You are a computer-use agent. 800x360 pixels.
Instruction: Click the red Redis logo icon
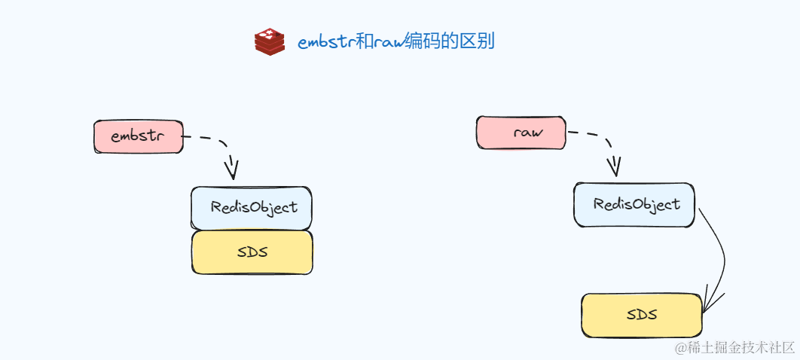(270, 41)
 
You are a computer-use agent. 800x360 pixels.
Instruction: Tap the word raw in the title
(388, 42)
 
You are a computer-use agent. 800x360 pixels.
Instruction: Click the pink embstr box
(138, 137)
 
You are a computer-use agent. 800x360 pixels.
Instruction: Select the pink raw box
(521, 133)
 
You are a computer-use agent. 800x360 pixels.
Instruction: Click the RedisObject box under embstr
(252, 208)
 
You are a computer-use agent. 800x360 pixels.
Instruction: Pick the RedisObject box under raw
(634, 204)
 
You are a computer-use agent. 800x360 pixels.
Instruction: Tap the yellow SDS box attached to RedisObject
(252, 252)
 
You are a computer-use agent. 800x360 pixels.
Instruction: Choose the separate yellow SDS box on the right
(641, 315)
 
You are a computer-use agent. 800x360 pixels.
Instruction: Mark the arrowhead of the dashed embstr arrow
(231, 169)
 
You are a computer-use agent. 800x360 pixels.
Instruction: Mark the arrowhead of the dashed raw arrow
(615, 165)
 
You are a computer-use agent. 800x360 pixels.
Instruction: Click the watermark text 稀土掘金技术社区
(741, 347)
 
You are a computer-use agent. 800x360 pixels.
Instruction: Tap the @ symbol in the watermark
(680, 347)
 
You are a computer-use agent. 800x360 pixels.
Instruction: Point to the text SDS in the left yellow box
(252, 252)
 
